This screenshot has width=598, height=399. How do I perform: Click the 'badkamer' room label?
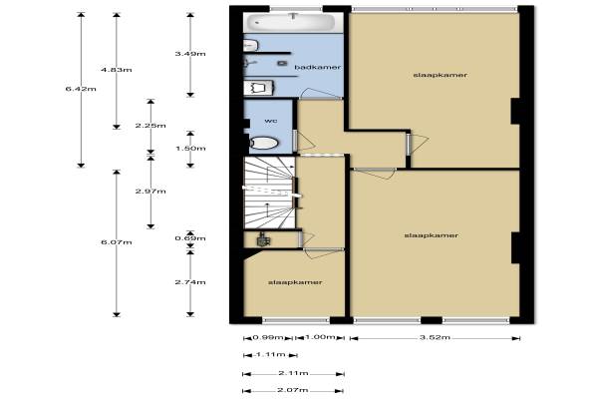[318, 67]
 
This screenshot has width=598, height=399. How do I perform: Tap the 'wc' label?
[271, 121]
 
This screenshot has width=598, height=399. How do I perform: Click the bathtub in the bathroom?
[291, 23]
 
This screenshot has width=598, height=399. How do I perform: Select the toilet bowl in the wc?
[264, 144]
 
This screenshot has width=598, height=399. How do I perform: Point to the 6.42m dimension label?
[81, 89]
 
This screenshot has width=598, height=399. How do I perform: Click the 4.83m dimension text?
[117, 70]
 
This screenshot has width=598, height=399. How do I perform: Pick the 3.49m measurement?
[190, 54]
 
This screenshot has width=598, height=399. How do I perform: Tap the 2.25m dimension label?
[150, 126]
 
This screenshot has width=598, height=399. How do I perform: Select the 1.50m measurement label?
[190, 149]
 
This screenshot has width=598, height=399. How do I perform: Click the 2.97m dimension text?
[150, 191]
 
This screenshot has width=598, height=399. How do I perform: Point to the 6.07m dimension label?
[117, 242]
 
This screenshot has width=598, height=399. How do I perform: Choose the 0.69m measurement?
[190, 238]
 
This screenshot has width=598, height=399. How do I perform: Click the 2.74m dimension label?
[190, 282]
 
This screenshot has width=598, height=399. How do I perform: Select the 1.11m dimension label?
[270, 355]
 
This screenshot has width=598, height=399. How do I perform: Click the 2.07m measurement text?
[293, 390]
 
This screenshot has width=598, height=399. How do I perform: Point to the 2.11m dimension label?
[293, 373]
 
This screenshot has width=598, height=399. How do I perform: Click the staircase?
[269, 193]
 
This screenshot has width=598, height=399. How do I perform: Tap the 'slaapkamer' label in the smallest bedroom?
[295, 282]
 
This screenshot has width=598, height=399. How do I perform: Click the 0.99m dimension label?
[268, 337]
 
